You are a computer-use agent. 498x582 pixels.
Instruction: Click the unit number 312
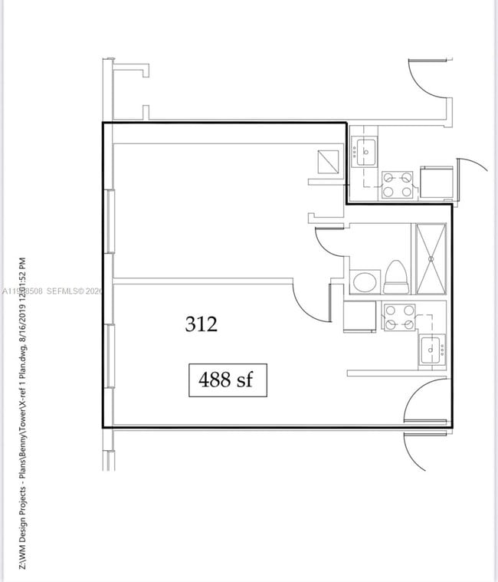pos(201,324)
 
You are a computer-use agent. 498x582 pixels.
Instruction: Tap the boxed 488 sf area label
pos(227,380)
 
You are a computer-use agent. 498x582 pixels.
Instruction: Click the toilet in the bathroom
pos(396,278)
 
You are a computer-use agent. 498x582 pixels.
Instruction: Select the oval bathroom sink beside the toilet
pos(362,281)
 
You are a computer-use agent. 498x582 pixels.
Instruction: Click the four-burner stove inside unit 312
pos(398,317)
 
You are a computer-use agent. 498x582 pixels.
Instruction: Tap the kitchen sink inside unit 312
pos(431,350)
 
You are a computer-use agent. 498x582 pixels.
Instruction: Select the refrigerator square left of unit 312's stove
pos(359,315)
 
